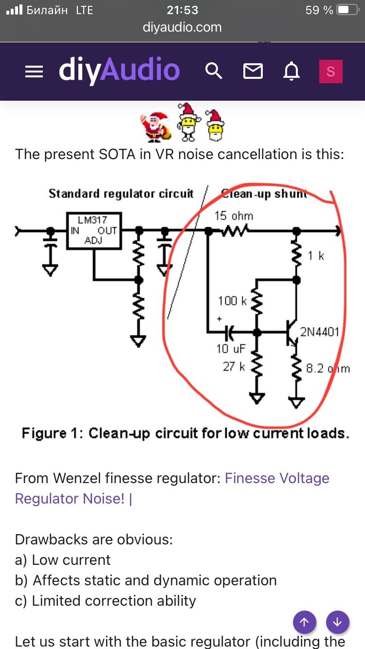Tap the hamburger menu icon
tap(34, 72)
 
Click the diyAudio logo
tap(119, 71)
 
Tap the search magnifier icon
tap(214, 72)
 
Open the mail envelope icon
tap(253, 72)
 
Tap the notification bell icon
tap(292, 72)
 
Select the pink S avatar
tap(330, 72)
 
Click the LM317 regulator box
tap(93, 230)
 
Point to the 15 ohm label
tap(234, 216)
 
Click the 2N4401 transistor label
tap(319, 332)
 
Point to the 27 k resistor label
tap(234, 366)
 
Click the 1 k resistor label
tap(316, 255)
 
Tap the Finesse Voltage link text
tap(277, 478)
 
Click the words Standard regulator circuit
tap(121, 194)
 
